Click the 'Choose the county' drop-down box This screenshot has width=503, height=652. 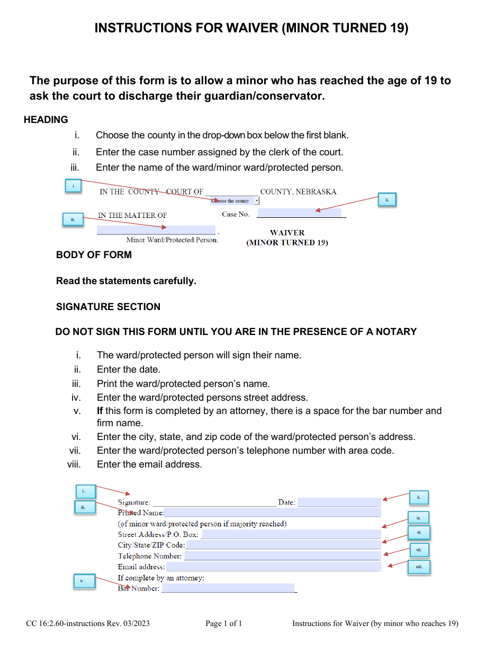(x=235, y=201)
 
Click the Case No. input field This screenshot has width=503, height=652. (x=299, y=213)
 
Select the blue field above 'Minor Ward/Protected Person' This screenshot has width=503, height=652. (x=156, y=230)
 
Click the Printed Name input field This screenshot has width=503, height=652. (x=272, y=513)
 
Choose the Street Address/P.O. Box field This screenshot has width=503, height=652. (x=291, y=534)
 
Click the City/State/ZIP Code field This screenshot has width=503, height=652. (x=283, y=545)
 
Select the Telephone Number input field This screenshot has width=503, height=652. (x=282, y=556)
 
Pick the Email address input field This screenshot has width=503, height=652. (x=273, y=567)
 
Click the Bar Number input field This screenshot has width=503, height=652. (x=228, y=588)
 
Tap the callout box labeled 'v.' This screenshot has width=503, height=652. (x=84, y=581)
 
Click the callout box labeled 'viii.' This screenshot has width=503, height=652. (x=419, y=567)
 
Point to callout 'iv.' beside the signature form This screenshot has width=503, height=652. (x=418, y=518)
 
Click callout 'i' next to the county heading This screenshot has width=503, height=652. (x=73, y=186)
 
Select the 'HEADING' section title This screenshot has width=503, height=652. (x=46, y=120)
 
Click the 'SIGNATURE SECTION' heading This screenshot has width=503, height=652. (x=108, y=307)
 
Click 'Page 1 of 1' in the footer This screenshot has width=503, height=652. (x=223, y=623)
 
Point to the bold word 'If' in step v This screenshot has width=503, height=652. (x=100, y=411)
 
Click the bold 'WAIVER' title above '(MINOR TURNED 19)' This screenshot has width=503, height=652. (x=287, y=233)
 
